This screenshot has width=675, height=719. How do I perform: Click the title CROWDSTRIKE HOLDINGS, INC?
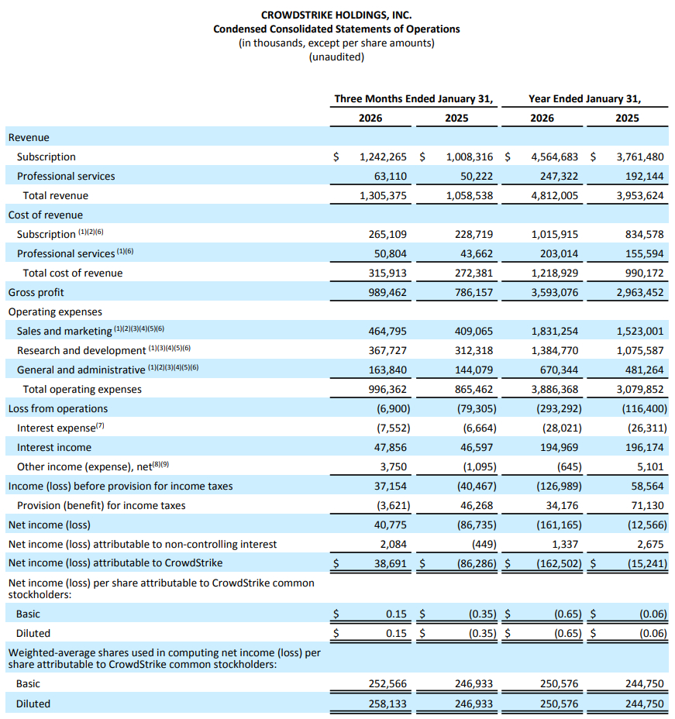click(336, 15)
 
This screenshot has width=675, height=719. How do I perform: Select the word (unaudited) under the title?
click(336, 57)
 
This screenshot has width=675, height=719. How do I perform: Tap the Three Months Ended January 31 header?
click(414, 98)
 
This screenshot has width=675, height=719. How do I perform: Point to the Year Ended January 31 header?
click(584, 98)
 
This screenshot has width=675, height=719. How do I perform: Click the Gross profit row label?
click(36, 292)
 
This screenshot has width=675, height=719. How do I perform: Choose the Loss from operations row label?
click(58, 408)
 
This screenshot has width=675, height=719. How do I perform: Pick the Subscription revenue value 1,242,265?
click(384, 157)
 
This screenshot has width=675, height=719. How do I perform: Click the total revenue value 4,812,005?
click(555, 195)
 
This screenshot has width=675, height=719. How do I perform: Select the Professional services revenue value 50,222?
click(471, 176)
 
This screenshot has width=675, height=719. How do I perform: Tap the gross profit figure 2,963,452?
click(640, 292)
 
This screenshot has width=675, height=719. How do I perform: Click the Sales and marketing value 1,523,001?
click(640, 331)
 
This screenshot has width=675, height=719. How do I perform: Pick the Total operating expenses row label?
click(82, 389)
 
